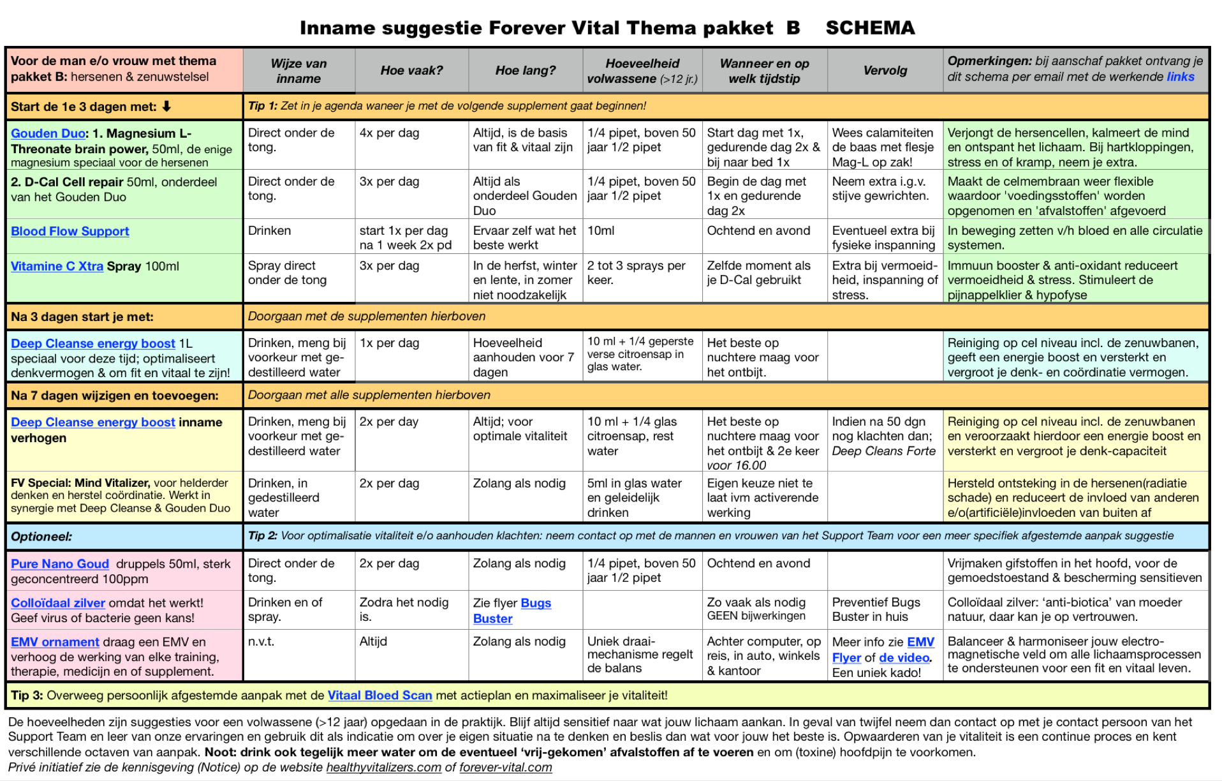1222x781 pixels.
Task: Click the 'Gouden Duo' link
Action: click(48, 133)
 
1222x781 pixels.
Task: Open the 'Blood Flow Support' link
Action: click(70, 231)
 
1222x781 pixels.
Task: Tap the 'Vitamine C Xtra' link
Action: click(57, 266)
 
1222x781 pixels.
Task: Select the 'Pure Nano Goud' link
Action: click(60, 564)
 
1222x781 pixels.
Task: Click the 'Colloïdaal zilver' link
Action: click(57, 603)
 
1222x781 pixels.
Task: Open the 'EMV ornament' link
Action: click(55, 642)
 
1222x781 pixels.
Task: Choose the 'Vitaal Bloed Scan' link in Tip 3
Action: click(379, 695)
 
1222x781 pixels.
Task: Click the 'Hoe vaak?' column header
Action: click(411, 70)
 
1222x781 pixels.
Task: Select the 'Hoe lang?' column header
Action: click(526, 70)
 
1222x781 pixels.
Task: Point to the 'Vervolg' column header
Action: click(885, 70)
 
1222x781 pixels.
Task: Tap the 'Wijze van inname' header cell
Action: click(298, 71)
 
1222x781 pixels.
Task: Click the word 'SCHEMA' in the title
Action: click(870, 28)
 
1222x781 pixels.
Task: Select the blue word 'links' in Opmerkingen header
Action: click(1181, 77)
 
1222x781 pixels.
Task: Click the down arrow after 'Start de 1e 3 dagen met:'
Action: click(166, 107)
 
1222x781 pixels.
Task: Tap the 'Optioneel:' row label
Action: click(41, 537)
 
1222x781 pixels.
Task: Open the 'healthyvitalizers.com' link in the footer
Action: click(383, 767)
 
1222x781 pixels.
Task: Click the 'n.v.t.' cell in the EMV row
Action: click(261, 641)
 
